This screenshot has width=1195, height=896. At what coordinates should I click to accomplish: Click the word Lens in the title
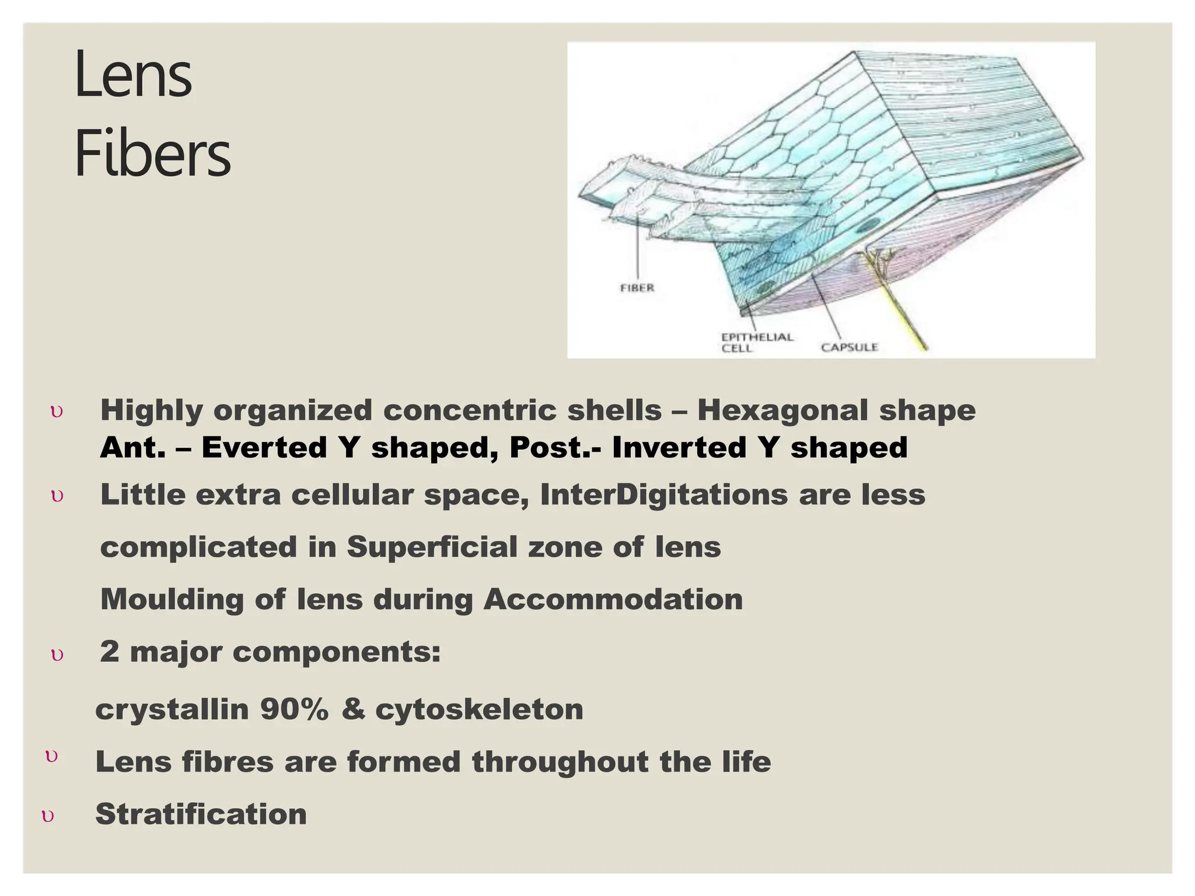pyautogui.click(x=133, y=75)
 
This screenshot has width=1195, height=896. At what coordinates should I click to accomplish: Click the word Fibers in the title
pyautogui.click(x=153, y=154)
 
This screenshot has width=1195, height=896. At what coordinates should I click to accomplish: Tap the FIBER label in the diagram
pyautogui.click(x=637, y=288)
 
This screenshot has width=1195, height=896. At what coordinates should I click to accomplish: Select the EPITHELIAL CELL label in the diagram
pyautogui.click(x=757, y=342)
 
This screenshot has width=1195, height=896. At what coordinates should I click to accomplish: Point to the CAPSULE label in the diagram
pyautogui.click(x=849, y=347)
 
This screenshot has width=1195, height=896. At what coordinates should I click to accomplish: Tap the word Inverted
pyautogui.click(x=680, y=448)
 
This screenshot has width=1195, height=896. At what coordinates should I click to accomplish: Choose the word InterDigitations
pyautogui.click(x=663, y=495)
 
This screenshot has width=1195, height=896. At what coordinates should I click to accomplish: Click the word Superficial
pyautogui.click(x=431, y=547)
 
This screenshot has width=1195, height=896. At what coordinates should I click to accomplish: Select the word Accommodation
pyautogui.click(x=613, y=599)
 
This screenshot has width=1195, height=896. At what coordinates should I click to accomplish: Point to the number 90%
pyautogui.click(x=294, y=709)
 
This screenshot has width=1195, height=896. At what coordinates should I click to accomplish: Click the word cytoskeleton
pyautogui.click(x=479, y=710)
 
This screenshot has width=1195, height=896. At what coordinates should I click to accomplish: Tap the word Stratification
pyautogui.click(x=201, y=814)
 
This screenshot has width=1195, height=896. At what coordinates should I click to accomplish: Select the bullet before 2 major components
pyautogui.click(x=57, y=655)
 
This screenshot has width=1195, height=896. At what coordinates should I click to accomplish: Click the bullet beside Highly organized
pyautogui.click(x=57, y=412)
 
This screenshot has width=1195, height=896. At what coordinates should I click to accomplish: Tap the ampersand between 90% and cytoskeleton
pyautogui.click(x=352, y=709)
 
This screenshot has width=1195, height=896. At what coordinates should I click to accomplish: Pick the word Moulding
pyautogui.click(x=172, y=600)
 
